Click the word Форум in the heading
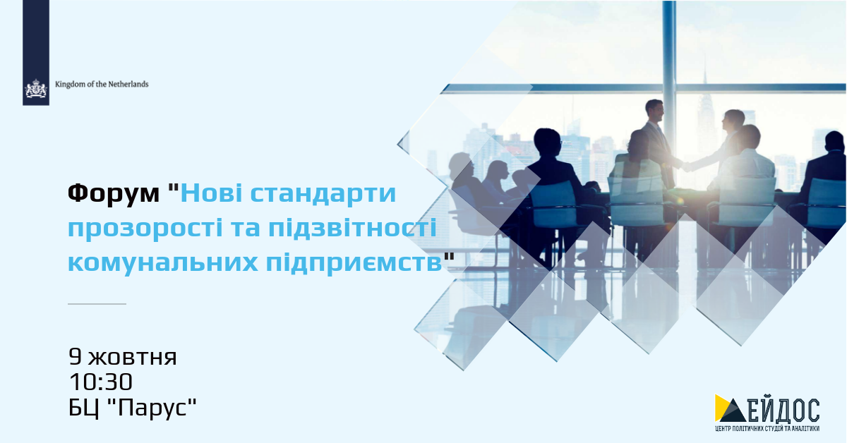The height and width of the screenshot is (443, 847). click(x=114, y=194)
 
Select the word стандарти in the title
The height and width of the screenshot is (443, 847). click(x=323, y=193)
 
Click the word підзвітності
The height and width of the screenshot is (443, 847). click(x=352, y=228)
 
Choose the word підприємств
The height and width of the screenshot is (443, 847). click(x=354, y=262)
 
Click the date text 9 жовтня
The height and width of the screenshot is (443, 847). click(x=123, y=357)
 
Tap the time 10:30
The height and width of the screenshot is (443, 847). click(x=100, y=382)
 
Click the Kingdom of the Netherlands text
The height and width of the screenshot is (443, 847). click(x=102, y=84)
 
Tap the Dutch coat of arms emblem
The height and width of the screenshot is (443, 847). click(x=36, y=89)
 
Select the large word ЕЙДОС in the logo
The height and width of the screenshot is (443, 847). click(x=783, y=410)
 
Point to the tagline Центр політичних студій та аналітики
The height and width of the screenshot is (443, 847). click(x=767, y=429)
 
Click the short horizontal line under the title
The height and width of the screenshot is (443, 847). click(x=97, y=303)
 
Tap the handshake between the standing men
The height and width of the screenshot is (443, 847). click(x=685, y=165)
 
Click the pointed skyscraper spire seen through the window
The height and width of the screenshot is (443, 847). click(x=704, y=80)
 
